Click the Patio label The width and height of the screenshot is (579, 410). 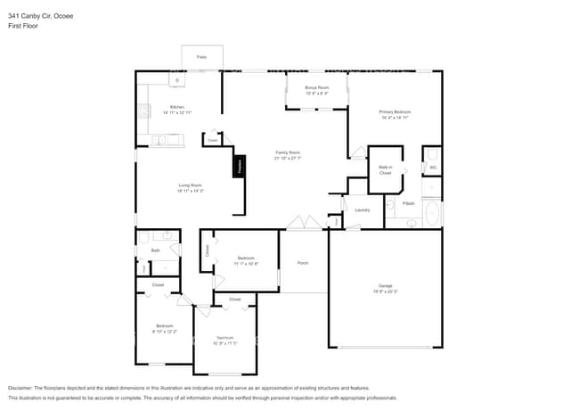[201, 56]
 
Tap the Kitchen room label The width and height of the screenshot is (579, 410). [177, 107]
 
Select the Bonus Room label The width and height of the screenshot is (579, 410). [317, 87]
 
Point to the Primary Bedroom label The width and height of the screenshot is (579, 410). [396, 111]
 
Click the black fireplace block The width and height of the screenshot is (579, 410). [239, 167]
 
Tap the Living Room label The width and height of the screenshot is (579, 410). [191, 185]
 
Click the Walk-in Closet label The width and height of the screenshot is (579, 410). [386, 169]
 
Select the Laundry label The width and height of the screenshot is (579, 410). [362, 210]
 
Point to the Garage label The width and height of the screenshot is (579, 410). [385, 285]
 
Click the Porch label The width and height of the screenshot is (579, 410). [303, 263]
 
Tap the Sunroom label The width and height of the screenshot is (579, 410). [224, 337]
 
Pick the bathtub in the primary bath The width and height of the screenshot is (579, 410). [432, 215]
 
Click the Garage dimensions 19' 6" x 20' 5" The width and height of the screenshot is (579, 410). [385, 291]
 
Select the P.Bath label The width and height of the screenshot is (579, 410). [408, 204]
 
